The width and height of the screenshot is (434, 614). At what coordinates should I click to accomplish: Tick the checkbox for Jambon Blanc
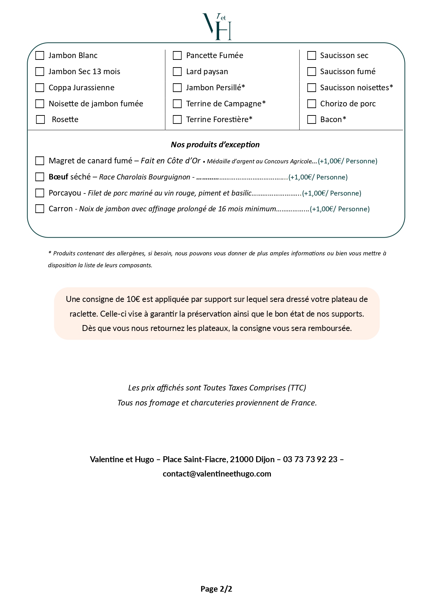point(40,56)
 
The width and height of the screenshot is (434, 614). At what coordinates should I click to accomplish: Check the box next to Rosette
point(41,120)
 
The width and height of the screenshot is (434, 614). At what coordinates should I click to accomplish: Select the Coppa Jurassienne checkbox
point(40,87)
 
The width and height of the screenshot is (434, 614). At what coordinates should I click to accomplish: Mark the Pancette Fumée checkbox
point(177,56)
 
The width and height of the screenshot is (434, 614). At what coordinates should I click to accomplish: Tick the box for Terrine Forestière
point(177,120)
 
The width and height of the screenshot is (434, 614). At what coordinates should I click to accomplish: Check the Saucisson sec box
point(311,56)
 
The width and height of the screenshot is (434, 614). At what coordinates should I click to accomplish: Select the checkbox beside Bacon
point(311,120)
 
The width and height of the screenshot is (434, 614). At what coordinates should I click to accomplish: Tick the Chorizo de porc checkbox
point(311,104)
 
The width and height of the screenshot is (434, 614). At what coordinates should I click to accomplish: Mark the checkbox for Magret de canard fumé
point(40,161)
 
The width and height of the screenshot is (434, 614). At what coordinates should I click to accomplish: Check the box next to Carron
point(40,209)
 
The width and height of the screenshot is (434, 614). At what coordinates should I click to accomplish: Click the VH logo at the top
point(217,27)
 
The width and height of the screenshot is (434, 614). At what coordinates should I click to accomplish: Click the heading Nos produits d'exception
point(215,144)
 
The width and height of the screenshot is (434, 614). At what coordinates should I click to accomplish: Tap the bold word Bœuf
point(58,177)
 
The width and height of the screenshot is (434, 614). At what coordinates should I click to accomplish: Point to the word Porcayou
point(65,193)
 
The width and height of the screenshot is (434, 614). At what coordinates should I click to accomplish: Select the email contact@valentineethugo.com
point(217,474)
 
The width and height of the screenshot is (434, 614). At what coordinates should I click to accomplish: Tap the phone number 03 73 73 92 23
point(310,459)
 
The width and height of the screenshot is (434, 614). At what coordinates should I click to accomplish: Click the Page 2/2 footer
point(216,589)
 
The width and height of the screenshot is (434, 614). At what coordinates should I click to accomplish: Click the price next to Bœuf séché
point(318,177)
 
